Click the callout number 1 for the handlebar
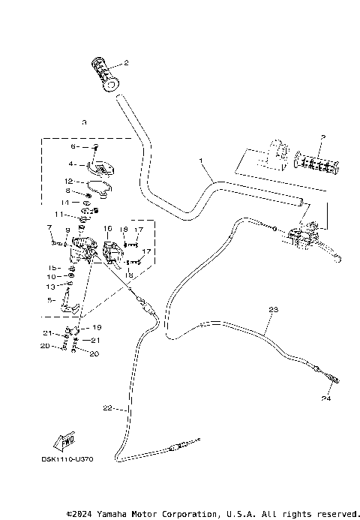pos(201,161)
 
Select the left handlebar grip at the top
pos(108,74)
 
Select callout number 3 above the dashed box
pos(85,122)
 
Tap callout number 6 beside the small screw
pos(74,147)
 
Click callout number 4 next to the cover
pos(72,164)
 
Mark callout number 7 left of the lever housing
pos(49,227)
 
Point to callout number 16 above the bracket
pos(108,228)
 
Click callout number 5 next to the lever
pos(51,299)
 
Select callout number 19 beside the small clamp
pos(97,328)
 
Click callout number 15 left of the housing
pos(52,267)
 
